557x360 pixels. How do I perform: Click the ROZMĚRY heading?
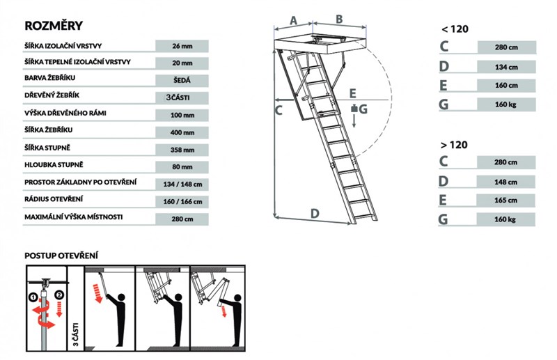(x=54, y=26)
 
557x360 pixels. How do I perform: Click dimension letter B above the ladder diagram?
(x=339, y=19)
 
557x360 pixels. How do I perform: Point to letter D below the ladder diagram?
(x=315, y=212)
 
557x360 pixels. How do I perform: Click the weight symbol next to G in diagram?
(x=354, y=109)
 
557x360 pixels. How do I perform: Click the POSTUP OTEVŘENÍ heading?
(x=61, y=255)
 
